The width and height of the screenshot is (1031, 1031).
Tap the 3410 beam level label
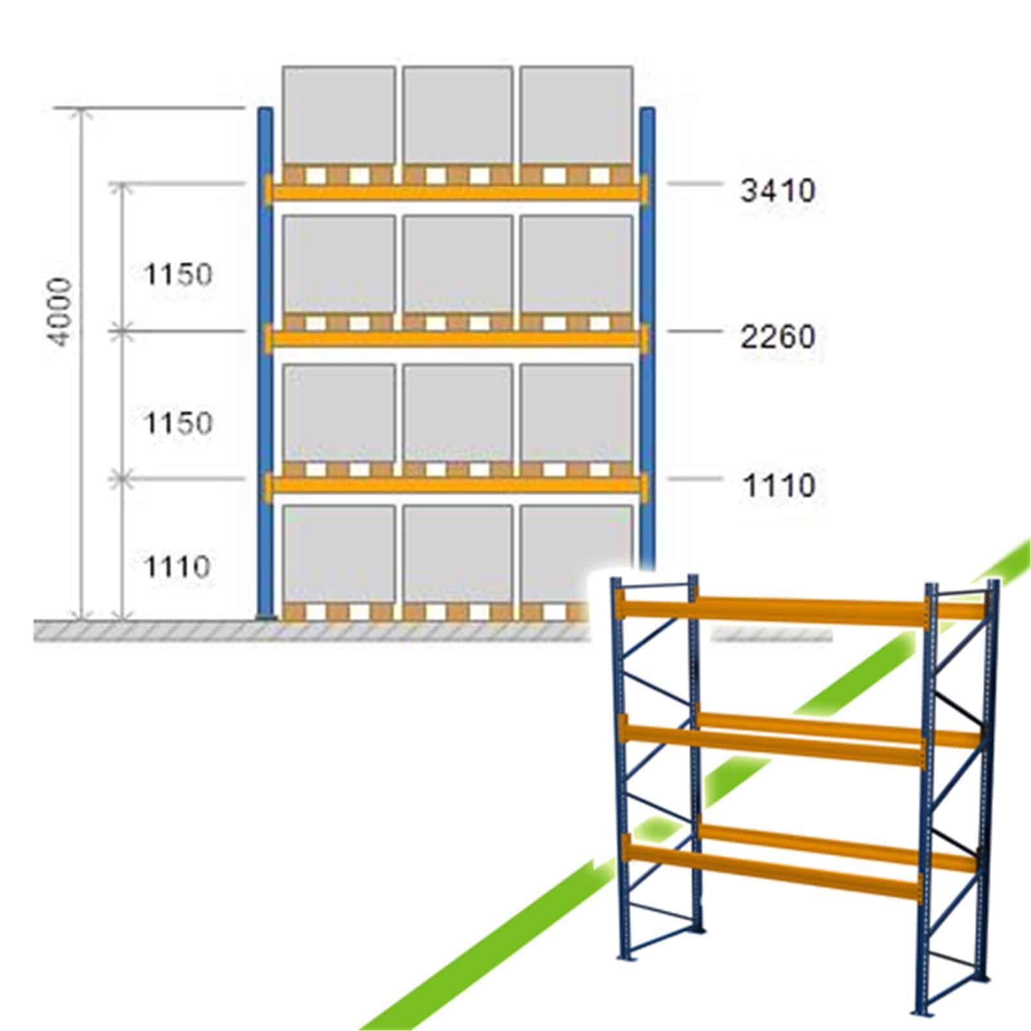778,190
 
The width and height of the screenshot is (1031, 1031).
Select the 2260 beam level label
778,336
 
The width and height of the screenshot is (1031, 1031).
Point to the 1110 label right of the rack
779,485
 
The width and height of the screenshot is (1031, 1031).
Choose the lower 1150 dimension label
177,423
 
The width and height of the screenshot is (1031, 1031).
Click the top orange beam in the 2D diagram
457,191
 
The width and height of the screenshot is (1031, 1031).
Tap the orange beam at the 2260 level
457,338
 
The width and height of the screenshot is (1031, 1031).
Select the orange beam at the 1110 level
457,485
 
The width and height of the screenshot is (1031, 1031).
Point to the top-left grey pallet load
339,116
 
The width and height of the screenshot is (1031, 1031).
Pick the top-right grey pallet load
576,116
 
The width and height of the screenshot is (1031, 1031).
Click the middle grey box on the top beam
458,116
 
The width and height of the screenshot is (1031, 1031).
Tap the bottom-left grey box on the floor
339,554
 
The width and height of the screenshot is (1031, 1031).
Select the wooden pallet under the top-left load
339,175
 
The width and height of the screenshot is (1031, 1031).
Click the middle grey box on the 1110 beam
458,414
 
